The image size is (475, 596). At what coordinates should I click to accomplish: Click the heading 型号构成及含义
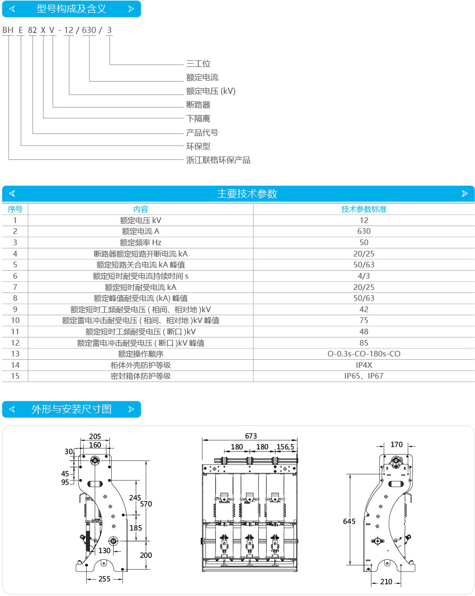point(72,9)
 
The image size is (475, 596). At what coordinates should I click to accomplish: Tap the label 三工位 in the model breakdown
point(198,64)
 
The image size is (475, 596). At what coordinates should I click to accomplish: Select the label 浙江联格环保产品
point(218,160)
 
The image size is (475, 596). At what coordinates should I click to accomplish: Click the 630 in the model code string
point(89,30)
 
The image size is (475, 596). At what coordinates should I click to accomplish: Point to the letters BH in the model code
point(8,30)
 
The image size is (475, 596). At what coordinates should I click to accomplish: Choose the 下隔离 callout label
point(198,118)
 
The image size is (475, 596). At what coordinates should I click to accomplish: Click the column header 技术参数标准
point(364,209)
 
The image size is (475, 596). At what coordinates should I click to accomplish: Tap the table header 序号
point(15,209)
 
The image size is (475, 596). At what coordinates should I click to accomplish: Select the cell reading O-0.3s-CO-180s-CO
point(364,354)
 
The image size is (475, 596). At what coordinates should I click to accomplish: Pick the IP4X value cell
point(364,365)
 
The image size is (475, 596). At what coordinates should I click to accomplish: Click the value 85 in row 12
point(364,343)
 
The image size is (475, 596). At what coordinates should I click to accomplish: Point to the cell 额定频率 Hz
point(140,243)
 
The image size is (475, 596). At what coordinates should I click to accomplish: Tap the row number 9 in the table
point(15,309)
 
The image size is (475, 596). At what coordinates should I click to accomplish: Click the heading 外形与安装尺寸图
point(72,409)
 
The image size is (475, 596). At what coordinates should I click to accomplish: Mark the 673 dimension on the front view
point(251,436)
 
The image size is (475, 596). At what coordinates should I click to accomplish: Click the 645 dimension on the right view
point(349,521)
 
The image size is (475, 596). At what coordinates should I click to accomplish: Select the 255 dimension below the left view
point(104,579)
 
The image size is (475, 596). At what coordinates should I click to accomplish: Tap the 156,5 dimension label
point(286,447)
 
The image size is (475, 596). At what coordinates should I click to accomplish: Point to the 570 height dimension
point(146,504)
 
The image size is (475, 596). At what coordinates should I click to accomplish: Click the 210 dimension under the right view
point(386,581)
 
